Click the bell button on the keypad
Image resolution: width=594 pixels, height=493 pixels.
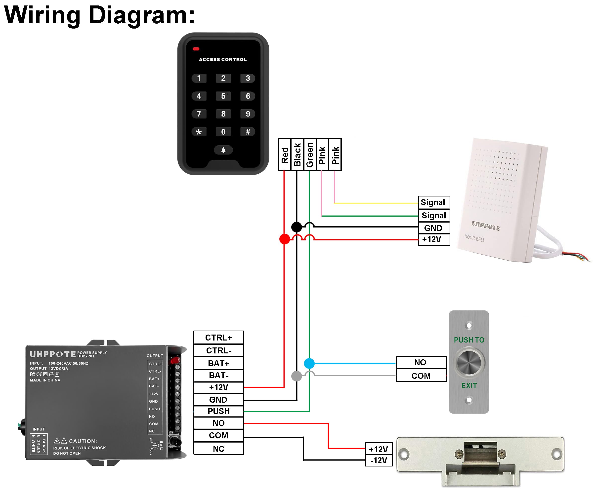(223, 150)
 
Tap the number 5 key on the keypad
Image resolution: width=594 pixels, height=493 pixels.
(223, 96)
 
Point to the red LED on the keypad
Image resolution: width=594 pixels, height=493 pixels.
(196, 49)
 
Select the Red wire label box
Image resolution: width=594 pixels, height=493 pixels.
(285, 155)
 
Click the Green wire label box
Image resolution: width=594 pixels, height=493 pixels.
(310, 155)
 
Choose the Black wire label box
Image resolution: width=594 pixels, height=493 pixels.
(297, 155)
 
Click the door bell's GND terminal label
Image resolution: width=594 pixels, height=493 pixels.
(433, 228)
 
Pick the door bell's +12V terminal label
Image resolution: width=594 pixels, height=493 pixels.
(433, 239)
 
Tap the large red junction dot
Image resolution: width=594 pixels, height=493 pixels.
(285, 239)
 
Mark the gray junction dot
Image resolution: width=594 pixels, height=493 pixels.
(297, 376)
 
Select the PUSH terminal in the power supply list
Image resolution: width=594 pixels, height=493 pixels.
(219, 411)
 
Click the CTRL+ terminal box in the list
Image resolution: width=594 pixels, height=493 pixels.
(219, 338)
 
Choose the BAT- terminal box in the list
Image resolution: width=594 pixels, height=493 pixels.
(219, 376)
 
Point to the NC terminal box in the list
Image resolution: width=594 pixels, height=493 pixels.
(219, 449)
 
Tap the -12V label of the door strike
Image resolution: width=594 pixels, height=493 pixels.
(379, 460)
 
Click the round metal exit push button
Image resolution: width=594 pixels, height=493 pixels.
(469, 362)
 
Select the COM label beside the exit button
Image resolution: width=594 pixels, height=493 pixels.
(421, 376)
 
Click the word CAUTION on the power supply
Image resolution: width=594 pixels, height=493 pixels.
(83, 441)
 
